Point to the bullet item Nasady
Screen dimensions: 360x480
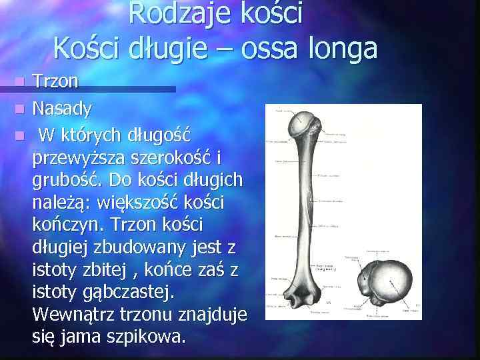point(63,107)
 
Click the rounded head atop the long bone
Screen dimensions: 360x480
point(304,123)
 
